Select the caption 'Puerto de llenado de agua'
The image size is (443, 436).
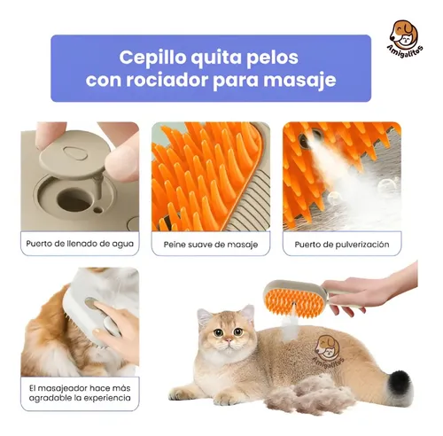[x=80, y=241]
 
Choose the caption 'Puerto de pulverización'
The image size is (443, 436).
[x=340, y=242]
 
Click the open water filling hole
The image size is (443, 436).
[x=74, y=199]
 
